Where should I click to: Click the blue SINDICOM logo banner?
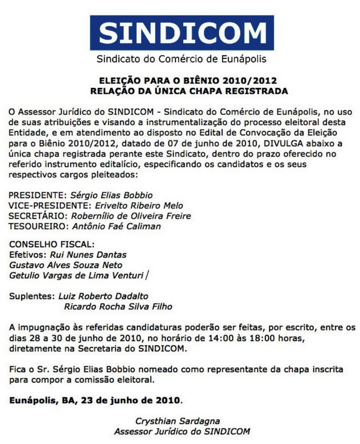182,33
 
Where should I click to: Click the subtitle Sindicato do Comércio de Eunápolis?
181,60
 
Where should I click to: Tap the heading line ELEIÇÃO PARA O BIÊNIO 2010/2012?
181,80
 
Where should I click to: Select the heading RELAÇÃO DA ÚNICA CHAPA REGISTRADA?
181,91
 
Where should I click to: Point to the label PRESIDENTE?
38,195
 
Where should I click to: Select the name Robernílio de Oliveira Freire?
131,216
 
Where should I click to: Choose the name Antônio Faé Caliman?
116,226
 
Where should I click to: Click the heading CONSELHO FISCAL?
51,245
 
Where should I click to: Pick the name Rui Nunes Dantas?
88,255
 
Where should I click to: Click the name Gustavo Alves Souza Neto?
66,265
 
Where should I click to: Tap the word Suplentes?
32,296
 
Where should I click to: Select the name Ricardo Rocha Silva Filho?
118,306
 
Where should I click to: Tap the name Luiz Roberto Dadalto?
103,296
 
